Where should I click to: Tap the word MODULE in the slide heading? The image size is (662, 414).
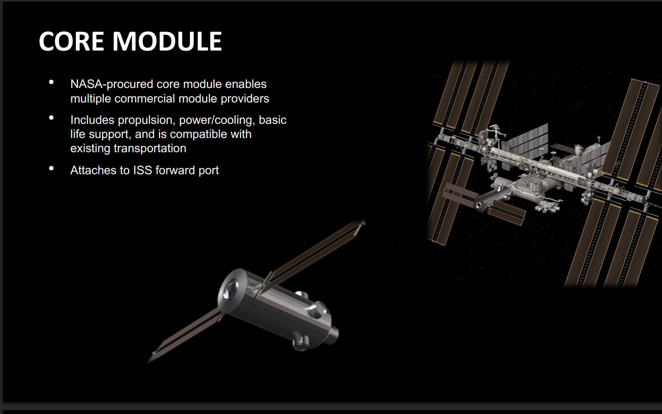click(167, 41)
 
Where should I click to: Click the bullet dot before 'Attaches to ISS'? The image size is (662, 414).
click(52, 169)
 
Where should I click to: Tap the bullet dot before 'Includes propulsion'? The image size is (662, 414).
click(52, 118)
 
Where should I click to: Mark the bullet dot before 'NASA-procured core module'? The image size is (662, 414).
click(52, 82)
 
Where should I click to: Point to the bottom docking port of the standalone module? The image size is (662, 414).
click(301, 343)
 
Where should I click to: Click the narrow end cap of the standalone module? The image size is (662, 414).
click(334, 334)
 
